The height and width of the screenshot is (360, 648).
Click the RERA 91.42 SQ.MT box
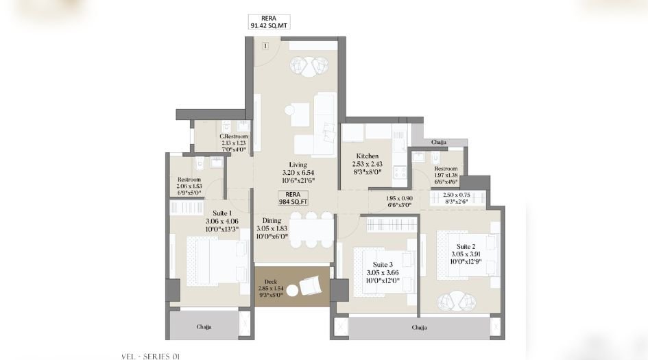point(267,23)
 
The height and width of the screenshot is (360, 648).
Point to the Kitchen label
point(368,156)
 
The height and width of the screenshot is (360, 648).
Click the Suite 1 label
point(221,213)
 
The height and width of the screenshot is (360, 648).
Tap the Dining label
point(272,220)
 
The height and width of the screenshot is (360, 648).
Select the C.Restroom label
point(234,136)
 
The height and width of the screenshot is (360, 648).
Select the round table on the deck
point(293,291)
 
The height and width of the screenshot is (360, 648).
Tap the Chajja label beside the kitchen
point(439,143)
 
